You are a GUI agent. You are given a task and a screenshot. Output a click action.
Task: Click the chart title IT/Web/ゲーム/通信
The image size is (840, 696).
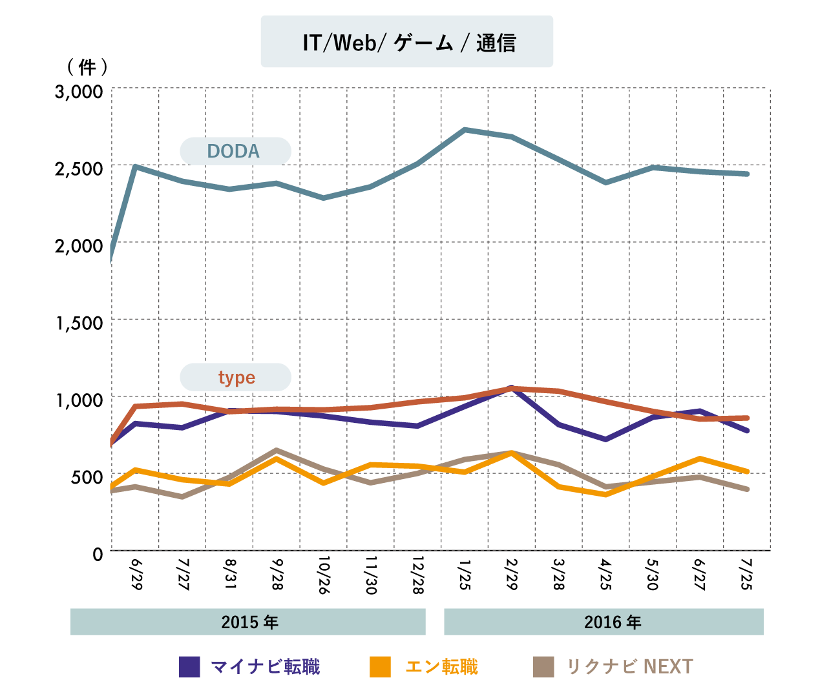(x=407, y=43)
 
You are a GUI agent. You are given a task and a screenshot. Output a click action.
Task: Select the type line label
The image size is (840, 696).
(x=235, y=377)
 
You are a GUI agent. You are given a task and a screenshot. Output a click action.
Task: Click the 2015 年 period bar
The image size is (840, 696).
(x=248, y=622)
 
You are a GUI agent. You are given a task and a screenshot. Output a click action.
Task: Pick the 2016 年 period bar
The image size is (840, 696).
(x=604, y=622)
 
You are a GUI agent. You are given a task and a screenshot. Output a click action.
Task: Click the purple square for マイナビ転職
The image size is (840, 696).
(x=189, y=667)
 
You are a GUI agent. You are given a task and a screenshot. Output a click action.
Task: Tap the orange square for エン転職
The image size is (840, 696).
(x=380, y=667)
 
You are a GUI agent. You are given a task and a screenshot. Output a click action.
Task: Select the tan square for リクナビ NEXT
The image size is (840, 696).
(x=543, y=667)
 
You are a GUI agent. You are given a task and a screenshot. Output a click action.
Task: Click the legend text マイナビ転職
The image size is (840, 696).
(x=266, y=667)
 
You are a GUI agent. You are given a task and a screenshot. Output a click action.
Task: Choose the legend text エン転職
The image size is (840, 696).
(x=442, y=667)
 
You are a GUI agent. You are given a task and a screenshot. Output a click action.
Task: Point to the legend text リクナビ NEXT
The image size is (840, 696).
(x=630, y=667)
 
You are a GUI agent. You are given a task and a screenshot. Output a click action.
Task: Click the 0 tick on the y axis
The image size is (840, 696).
(x=98, y=555)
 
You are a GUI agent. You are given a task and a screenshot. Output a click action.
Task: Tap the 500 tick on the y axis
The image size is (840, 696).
(x=87, y=478)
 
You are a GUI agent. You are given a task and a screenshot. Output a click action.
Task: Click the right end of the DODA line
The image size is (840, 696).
(x=748, y=174)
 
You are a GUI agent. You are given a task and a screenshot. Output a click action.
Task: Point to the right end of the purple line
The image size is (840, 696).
(x=748, y=431)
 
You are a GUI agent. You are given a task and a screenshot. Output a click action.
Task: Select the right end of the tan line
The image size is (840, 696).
(x=748, y=489)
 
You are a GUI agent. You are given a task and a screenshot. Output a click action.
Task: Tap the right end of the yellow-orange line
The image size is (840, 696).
(x=748, y=471)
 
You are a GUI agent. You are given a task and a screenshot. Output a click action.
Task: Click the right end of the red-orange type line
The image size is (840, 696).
(x=748, y=418)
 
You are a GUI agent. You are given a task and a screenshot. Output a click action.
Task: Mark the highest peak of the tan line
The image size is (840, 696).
(x=277, y=449)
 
